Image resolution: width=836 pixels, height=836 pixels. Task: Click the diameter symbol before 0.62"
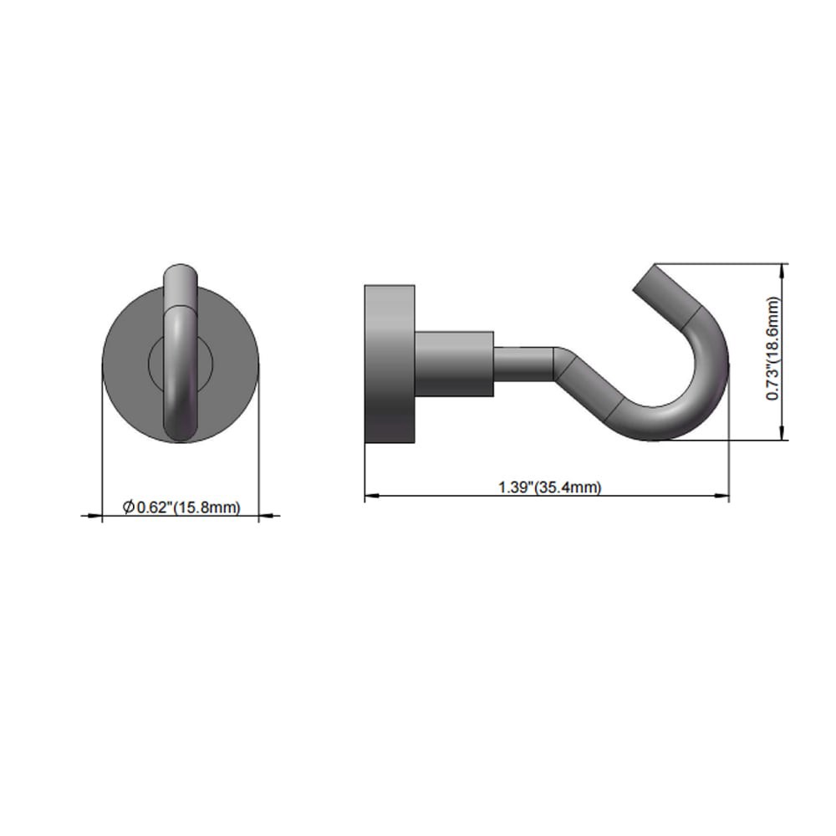coord(128,507)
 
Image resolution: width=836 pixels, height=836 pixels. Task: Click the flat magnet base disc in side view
coord(390,364)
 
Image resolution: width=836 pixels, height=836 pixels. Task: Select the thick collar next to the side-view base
coord(454,364)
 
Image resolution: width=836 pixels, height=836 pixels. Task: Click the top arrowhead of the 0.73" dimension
coord(782,269)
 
